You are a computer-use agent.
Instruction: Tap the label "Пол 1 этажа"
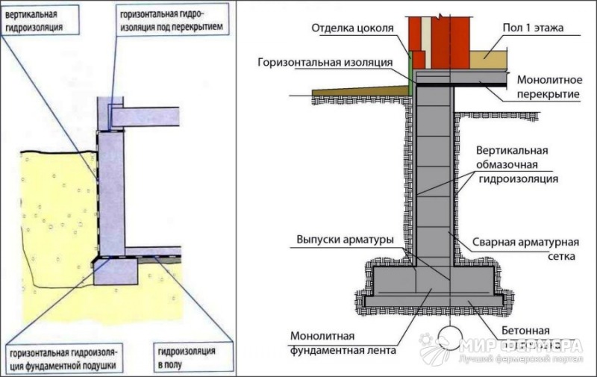[x=531, y=29]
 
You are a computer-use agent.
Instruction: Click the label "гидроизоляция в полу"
[x=186, y=358]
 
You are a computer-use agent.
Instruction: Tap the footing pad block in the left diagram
[x=116, y=270]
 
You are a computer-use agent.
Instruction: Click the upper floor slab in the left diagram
[x=146, y=116]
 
